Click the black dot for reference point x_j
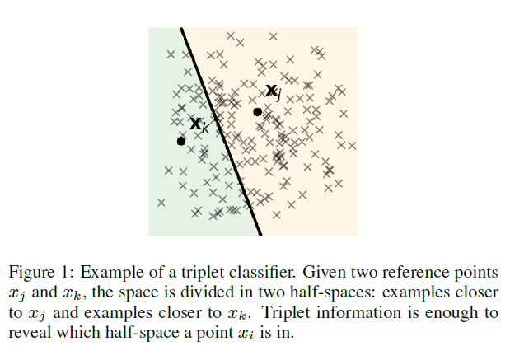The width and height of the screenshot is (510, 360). [x=257, y=111]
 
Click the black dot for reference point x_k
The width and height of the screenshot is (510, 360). [x=181, y=141]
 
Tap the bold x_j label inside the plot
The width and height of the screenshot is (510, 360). [x=274, y=92]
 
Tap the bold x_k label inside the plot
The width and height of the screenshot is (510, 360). [x=199, y=124]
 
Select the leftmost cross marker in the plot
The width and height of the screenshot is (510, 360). [x=161, y=201]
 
